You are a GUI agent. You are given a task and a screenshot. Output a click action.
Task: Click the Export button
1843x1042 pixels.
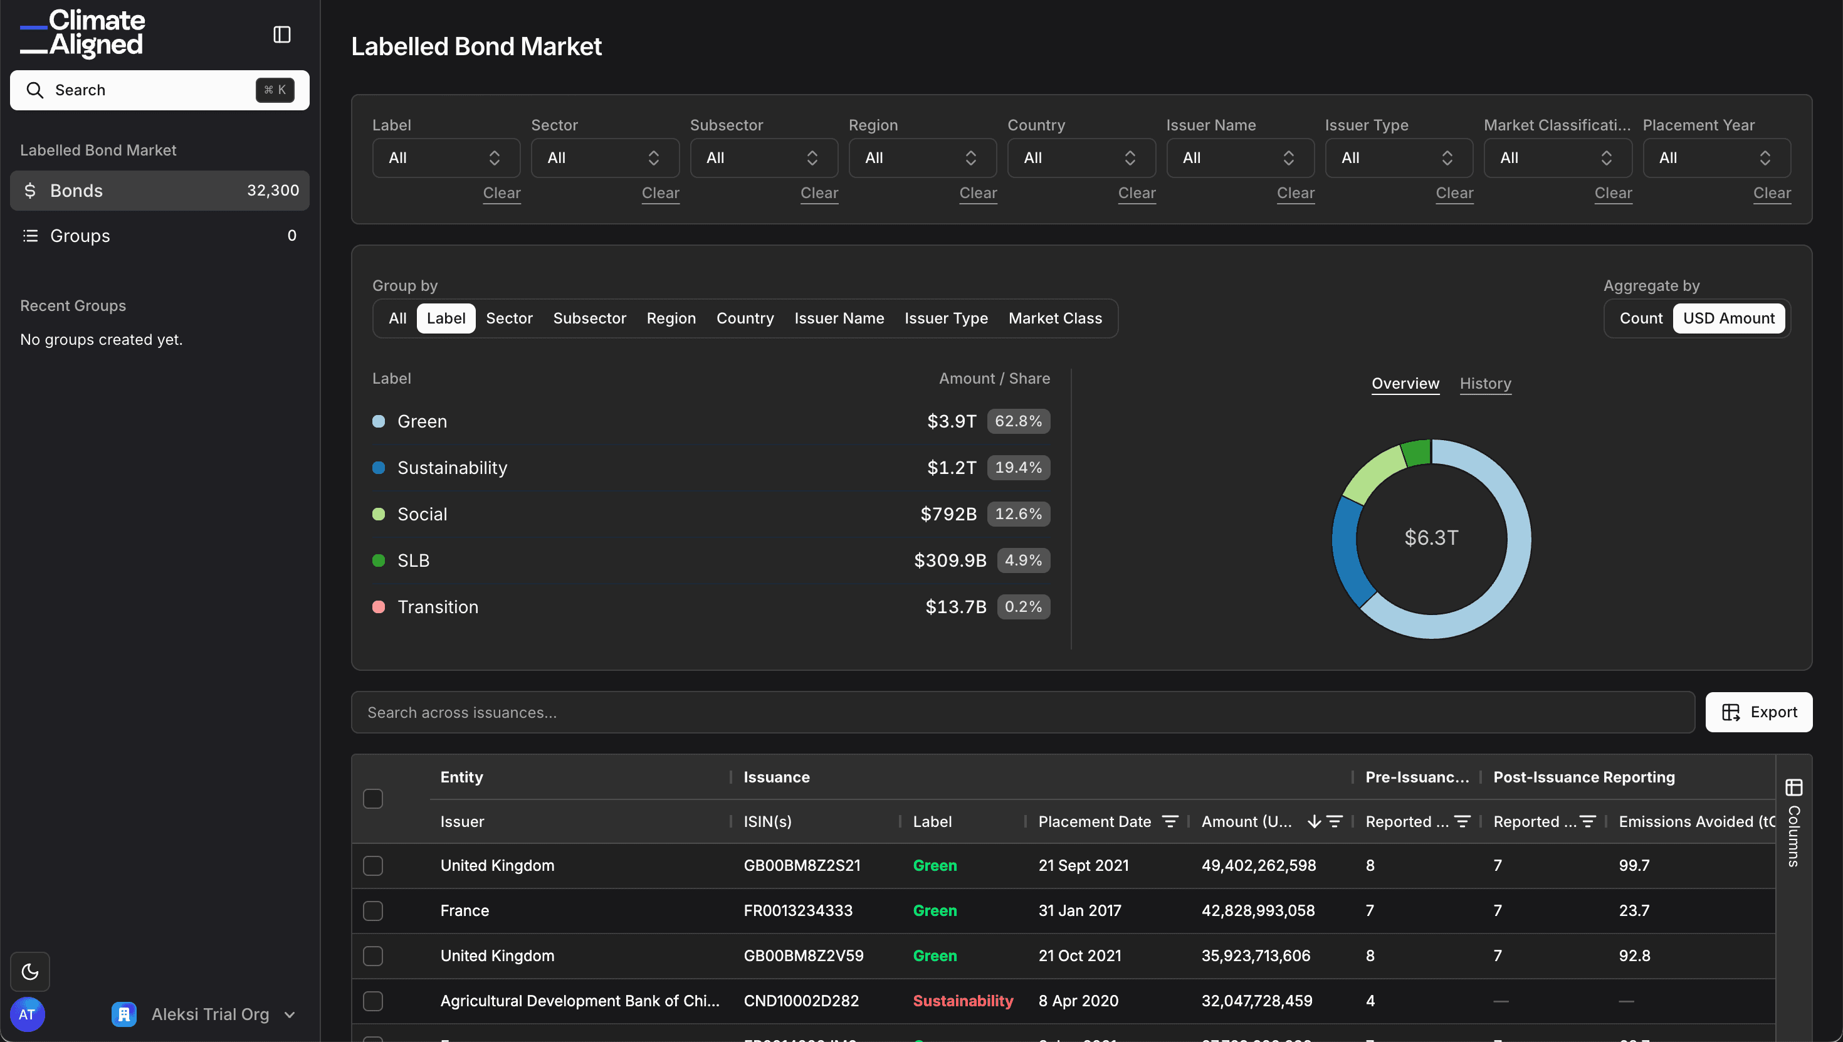click(x=1758, y=712)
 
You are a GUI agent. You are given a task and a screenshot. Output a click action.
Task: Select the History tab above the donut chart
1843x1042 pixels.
click(x=1484, y=384)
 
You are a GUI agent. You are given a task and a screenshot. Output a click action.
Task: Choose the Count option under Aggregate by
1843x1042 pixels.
click(x=1640, y=318)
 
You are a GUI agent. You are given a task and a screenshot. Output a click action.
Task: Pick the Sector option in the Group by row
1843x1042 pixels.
click(x=508, y=318)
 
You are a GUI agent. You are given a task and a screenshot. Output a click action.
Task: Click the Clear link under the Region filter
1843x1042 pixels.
click(x=977, y=193)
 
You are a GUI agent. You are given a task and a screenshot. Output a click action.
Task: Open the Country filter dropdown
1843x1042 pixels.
click(x=1080, y=158)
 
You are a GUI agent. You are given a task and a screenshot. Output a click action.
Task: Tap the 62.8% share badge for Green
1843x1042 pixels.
click(x=1017, y=421)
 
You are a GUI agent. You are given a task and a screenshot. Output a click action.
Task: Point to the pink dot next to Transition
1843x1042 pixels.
click(x=379, y=607)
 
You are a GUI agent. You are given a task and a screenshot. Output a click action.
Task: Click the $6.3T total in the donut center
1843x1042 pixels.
click(x=1431, y=537)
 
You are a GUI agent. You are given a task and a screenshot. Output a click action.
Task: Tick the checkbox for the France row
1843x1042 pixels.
click(x=373, y=911)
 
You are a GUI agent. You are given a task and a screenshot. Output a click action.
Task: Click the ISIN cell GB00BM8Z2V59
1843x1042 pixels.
click(x=803, y=956)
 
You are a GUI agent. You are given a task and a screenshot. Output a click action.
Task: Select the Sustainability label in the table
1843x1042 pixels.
click(x=962, y=1001)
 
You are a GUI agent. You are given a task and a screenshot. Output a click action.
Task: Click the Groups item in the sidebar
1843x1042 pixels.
click(x=80, y=236)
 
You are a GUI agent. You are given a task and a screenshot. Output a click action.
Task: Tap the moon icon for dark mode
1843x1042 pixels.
click(x=30, y=971)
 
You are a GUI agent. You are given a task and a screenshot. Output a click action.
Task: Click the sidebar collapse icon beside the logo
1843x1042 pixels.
click(x=282, y=34)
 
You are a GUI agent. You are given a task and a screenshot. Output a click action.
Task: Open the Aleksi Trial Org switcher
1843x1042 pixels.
click(x=204, y=1014)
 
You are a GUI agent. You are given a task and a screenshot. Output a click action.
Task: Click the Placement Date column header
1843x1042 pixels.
click(x=1094, y=821)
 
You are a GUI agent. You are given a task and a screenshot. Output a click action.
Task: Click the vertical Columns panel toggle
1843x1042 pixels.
click(x=1793, y=823)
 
